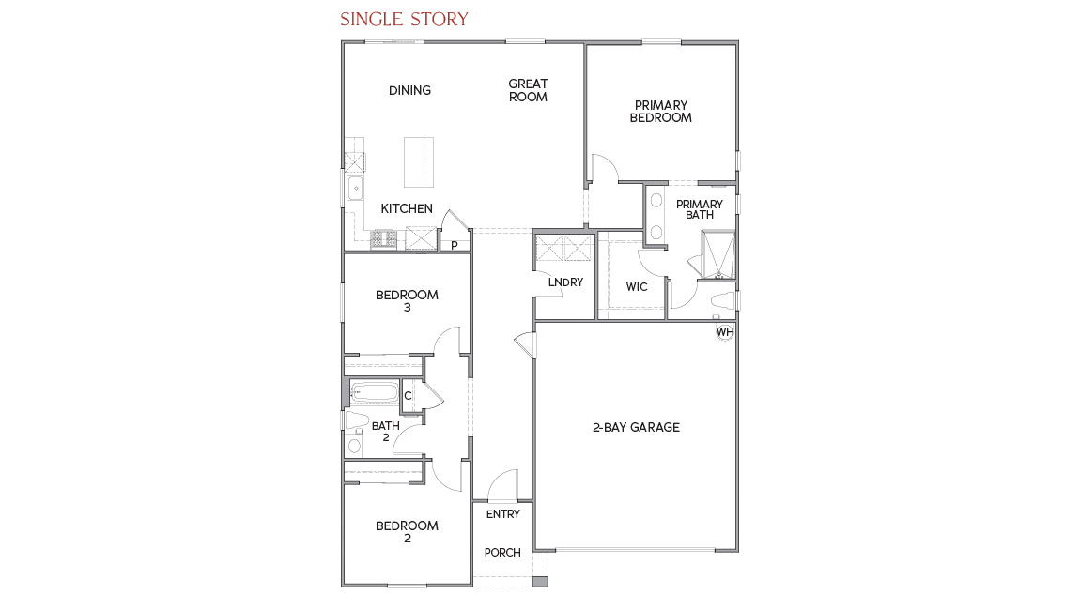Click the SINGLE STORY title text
click(x=404, y=20)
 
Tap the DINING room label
click(x=409, y=90)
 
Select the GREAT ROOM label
click(x=528, y=90)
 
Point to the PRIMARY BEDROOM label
click(x=660, y=112)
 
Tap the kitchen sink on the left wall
click(x=356, y=189)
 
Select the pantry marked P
click(x=455, y=246)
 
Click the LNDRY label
click(x=565, y=282)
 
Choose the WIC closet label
click(x=637, y=287)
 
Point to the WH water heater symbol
click(x=725, y=332)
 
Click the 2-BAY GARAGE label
click(x=636, y=428)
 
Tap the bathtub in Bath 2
click(x=374, y=392)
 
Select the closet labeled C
click(x=408, y=396)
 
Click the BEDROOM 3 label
click(x=407, y=301)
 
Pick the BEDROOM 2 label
click(x=407, y=532)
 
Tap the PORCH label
click(x=502, y=553)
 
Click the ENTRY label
click(x=502, y=514)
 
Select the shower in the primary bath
click(x=718, y=254)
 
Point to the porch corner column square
click(x=539, y=582)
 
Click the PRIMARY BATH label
click(x=700, y=209)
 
